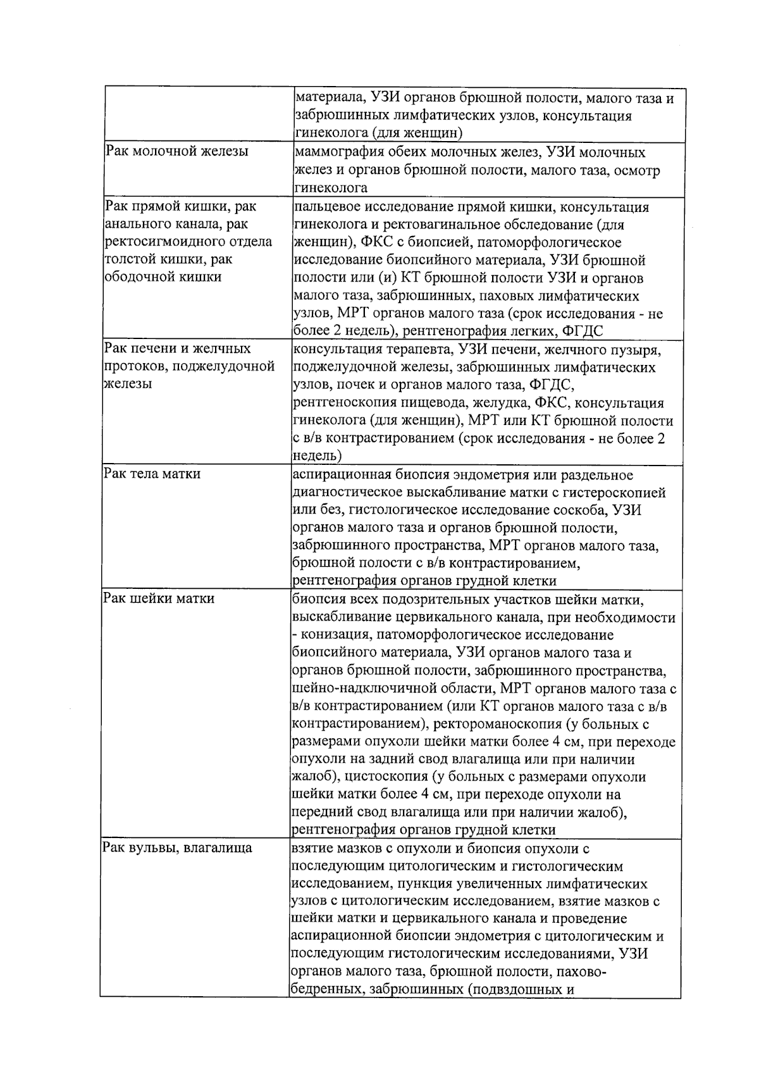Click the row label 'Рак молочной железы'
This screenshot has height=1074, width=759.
pos(176,152)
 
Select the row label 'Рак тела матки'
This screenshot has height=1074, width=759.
pos(152,474)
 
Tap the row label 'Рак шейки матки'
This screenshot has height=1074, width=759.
pos(159,598)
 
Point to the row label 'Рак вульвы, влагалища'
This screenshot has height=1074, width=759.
pos(177,848)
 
